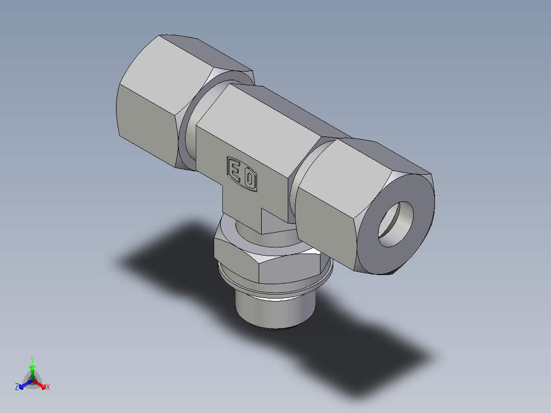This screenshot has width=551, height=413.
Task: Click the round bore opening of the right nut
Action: [x=397, y=223]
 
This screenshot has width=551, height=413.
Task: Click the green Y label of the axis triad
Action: [x=32, y=359]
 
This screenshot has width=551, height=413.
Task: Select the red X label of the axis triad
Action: [x=48, y=387]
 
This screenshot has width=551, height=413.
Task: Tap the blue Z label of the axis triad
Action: [x=17, y=387]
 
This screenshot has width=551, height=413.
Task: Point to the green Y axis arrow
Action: [x=32, y=371]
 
